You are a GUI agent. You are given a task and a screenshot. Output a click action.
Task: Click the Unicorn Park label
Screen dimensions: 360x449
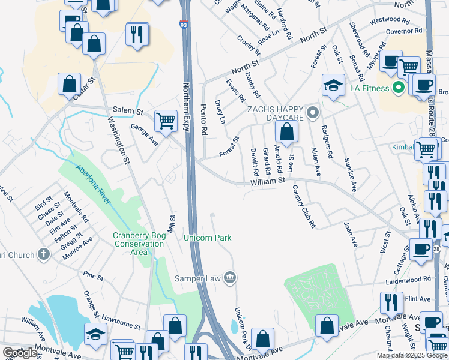point(208,238)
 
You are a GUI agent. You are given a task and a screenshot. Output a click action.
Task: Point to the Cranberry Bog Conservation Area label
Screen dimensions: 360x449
point(139,244)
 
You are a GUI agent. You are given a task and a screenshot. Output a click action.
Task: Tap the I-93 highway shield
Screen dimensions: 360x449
point(182,24)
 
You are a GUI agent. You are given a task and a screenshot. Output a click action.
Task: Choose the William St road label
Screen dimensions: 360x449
point(267,180)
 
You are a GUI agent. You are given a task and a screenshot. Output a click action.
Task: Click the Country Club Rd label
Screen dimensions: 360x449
point(304,207)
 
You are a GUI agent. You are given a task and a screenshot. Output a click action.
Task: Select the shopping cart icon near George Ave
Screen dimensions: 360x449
point(166,121)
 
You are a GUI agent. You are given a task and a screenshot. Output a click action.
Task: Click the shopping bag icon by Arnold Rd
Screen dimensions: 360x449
point(287,133)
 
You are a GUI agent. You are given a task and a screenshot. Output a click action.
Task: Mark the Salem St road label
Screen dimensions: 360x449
point(128,112)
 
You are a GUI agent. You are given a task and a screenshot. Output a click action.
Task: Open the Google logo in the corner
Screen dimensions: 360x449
point(20,353)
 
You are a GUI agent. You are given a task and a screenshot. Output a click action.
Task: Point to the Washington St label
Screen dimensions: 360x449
point(118,139)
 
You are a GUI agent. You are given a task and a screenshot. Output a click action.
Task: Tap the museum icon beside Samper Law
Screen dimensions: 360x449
point(229,277)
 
